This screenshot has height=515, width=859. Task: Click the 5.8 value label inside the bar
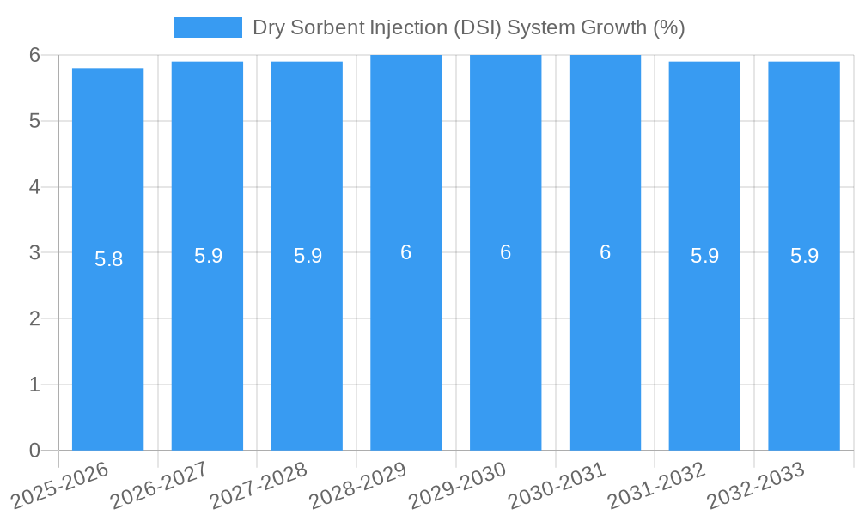pos(108,259)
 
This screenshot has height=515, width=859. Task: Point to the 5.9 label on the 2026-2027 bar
pos(208,256)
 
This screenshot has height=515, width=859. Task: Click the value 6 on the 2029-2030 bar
pos(506,252)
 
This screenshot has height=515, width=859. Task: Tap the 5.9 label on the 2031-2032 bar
pos(704,256)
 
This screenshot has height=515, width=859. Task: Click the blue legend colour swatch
pos(208,27)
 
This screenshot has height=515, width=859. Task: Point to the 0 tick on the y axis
pos(34,451)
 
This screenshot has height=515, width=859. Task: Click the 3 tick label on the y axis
pos(34,253)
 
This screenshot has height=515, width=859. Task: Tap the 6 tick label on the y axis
pos(34,55)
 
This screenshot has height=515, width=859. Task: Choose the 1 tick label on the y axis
pos(34,385)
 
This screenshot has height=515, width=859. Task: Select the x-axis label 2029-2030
pos(458,486)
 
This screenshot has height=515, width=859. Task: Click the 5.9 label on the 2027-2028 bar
pos(308,256)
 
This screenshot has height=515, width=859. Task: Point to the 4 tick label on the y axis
pos(34,187)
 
